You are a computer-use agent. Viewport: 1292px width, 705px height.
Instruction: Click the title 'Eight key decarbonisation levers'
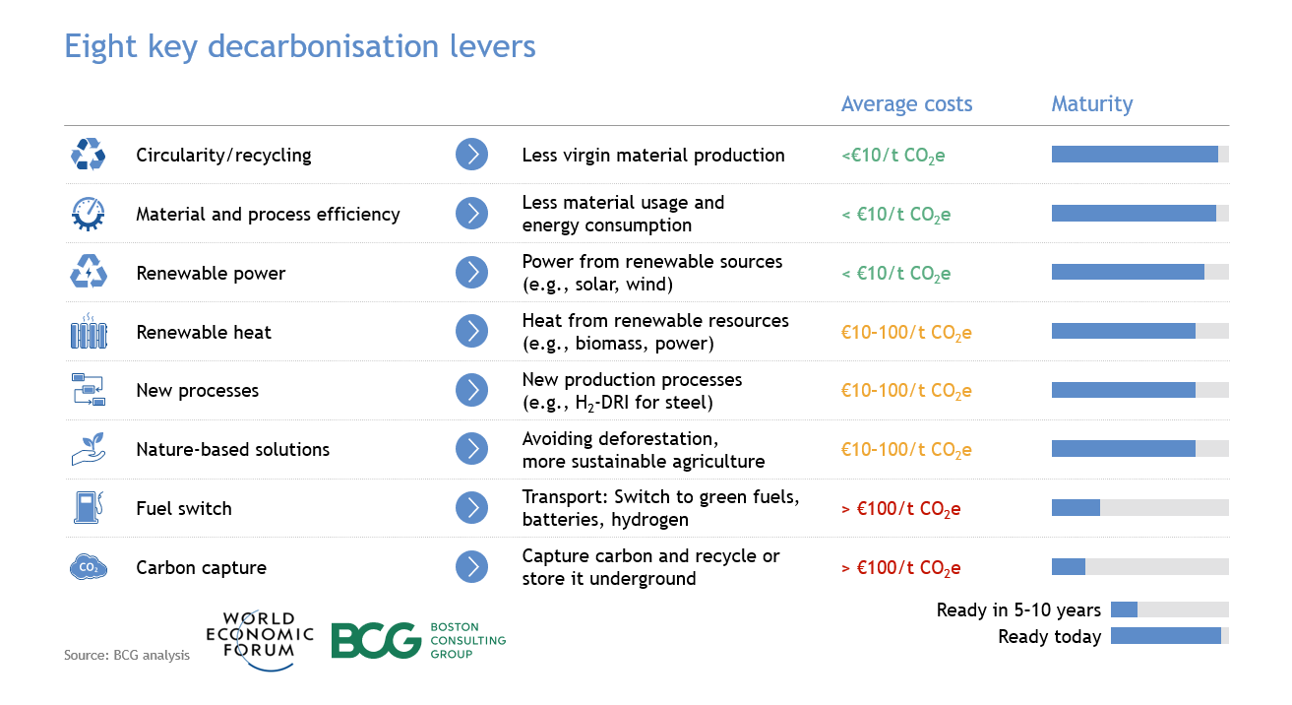click(300, 47)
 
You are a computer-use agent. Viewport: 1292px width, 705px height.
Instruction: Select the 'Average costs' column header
click(906, 103)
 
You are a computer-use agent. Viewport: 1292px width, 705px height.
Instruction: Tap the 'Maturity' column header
click(1092, 103)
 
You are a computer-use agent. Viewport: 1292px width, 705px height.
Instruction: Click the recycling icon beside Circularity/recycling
click(89, 154)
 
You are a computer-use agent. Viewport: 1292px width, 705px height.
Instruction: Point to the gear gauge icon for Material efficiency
click(89, 214)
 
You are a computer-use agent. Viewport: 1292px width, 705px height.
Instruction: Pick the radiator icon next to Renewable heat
click(89, 331)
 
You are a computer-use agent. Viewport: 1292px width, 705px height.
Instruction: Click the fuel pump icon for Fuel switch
click(89, 507)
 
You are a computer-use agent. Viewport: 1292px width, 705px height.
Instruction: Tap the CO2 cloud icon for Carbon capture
click(89, 566)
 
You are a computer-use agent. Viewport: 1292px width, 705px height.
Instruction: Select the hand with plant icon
click(89, 448)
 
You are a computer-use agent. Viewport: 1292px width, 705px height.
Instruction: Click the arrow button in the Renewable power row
click(471, 273)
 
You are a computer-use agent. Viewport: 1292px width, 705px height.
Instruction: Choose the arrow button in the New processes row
click(471, 390)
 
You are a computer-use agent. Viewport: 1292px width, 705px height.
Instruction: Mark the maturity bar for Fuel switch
click(1139, 508)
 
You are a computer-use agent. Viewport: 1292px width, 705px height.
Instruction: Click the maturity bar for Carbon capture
click(1139, 566)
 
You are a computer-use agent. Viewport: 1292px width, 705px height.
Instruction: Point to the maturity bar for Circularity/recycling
click(1139, 154)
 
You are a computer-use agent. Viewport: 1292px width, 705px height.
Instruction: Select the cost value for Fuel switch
click(901, 509)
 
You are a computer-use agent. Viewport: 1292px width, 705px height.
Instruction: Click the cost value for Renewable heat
click(906, 333)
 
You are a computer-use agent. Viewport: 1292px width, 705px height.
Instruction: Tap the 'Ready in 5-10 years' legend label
click(1018, 609)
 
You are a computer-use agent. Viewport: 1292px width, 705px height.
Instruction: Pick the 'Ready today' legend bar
click(1170, 636)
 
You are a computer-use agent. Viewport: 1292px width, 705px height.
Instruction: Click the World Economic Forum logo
click(260, 640)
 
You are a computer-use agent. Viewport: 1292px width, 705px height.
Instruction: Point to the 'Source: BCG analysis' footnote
click(127, 656)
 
